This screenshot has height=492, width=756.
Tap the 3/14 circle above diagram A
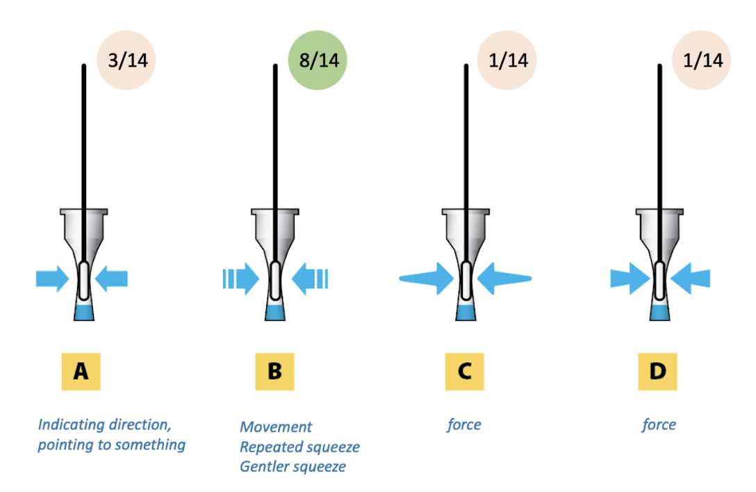point(126,60)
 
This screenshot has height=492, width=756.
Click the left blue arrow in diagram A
point(53,279)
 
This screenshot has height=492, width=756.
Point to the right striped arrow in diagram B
point(310,279)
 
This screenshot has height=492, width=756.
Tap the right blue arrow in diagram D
point(691,279)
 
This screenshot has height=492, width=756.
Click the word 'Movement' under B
point(276,427)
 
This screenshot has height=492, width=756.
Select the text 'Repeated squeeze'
point(299,447)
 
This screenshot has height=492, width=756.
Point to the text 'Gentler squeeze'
point(293,466)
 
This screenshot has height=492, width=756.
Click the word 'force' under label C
point(464,424)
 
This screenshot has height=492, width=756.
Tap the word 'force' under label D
point(659,424)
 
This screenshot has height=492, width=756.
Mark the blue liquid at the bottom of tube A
point(83,312)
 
